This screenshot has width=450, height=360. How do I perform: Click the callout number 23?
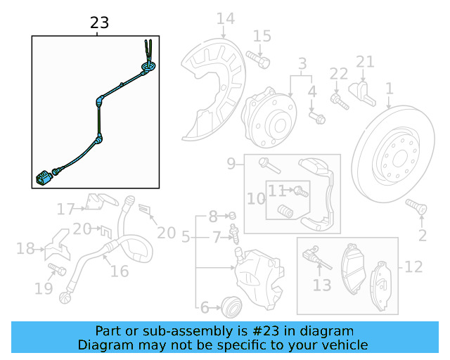pos(100,23)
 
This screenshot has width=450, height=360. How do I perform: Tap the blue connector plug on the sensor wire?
pos(43,176)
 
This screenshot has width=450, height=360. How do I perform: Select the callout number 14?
pos(225,19)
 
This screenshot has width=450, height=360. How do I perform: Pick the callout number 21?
pos(365,63)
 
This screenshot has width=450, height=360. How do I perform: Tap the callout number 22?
pos(338,74)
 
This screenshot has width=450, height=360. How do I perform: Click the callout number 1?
pos(388,89)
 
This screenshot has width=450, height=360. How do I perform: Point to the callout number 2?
pos(422,235)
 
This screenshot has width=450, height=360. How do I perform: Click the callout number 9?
pos(231,165)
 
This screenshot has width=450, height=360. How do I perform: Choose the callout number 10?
pos(255,198)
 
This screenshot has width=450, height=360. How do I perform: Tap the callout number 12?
pos(413,267)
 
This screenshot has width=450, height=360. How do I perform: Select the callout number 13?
pos(321,285)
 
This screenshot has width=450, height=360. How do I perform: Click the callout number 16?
pos(120,271)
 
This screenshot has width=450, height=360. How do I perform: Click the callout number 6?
pos(205,307)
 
